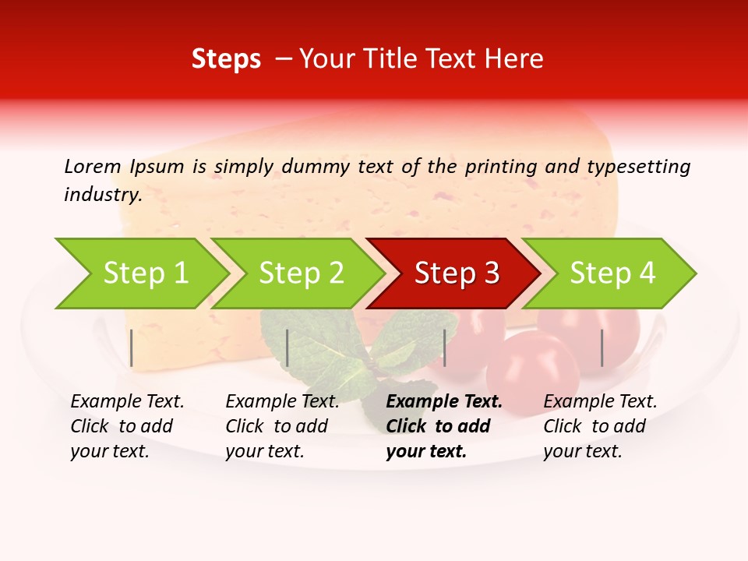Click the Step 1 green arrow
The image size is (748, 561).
click(x=144, y=273)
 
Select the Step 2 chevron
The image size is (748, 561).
click(x=301, y=273)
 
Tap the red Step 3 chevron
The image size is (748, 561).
click(x=457, y=273)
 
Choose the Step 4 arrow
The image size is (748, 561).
click(x=612, y=273)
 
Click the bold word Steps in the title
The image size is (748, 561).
click(x=226, y=59)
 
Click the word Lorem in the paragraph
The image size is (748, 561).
click(x=92, y=166)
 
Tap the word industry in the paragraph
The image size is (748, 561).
click(x=103, y=195)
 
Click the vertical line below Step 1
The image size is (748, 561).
click(x=132, y=348)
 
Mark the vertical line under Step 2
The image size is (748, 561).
click(x=288, y=348)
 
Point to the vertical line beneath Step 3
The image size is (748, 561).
click(x=445, y=348)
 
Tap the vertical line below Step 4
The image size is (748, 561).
click(x=602, y=348)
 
